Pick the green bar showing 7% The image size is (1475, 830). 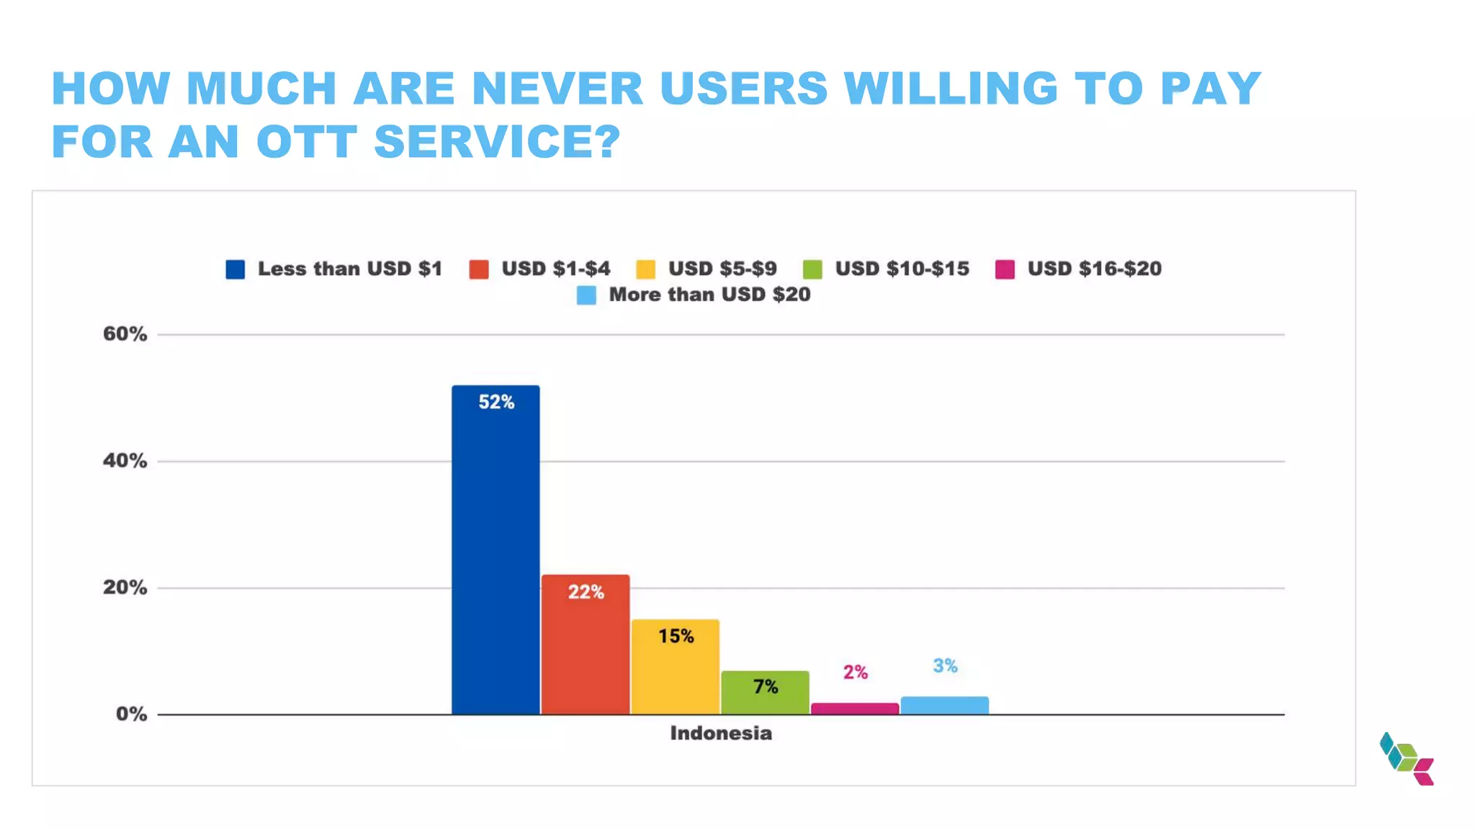(765, 693)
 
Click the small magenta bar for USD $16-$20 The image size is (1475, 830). (855, 709)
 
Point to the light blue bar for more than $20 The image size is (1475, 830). (944, 705)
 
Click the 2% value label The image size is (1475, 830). (855, 672)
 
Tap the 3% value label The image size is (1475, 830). (945, 666)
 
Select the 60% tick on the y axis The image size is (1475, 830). (125, 334)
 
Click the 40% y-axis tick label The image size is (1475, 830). (125, 461)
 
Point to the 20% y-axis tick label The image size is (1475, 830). (125, 588)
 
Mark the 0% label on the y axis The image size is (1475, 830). (131, 714)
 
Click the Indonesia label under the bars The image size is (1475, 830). (721, 733)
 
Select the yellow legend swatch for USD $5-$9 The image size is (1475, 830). (646, 269)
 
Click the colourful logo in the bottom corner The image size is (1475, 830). (1407, 759)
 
